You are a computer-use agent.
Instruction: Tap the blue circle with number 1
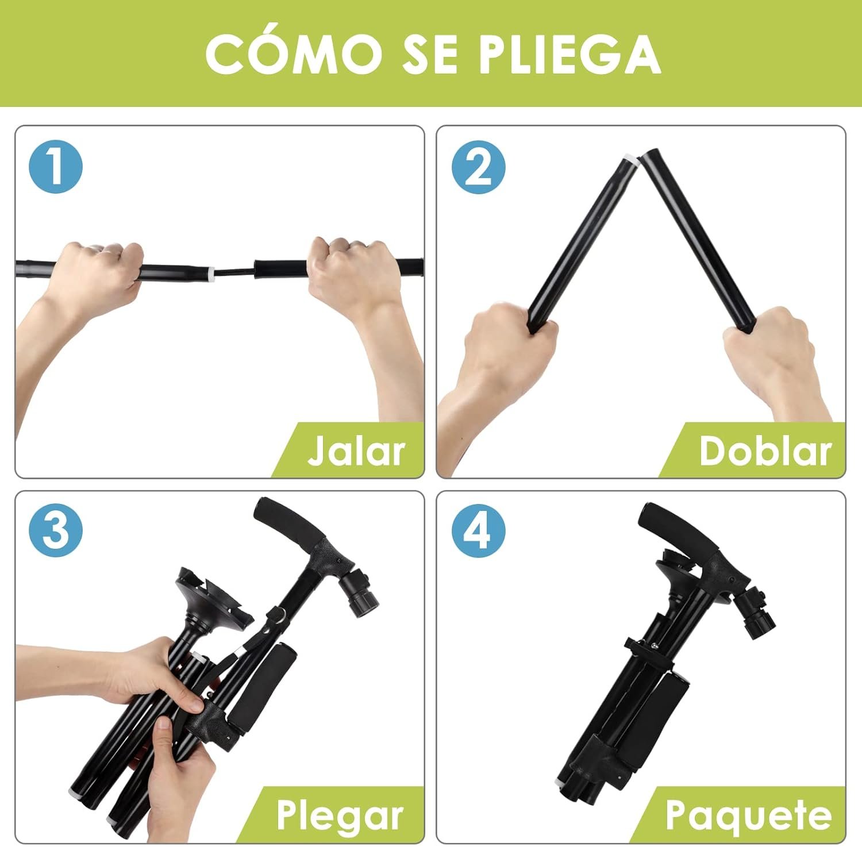56,167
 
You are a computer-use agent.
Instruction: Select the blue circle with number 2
478,167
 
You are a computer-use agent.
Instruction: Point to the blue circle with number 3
56,530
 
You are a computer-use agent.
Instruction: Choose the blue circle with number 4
478,530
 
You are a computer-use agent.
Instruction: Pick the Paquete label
748,815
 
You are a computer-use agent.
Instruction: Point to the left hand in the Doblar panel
506,345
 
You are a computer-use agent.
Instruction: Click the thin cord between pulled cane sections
234,271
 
